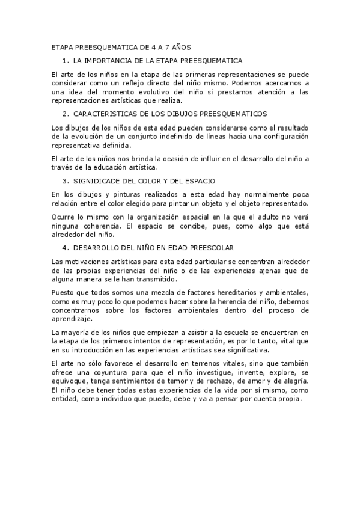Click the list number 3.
pyautogui.click(x=65, y=181)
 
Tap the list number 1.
pyautogui.click(x=65, y=61)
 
